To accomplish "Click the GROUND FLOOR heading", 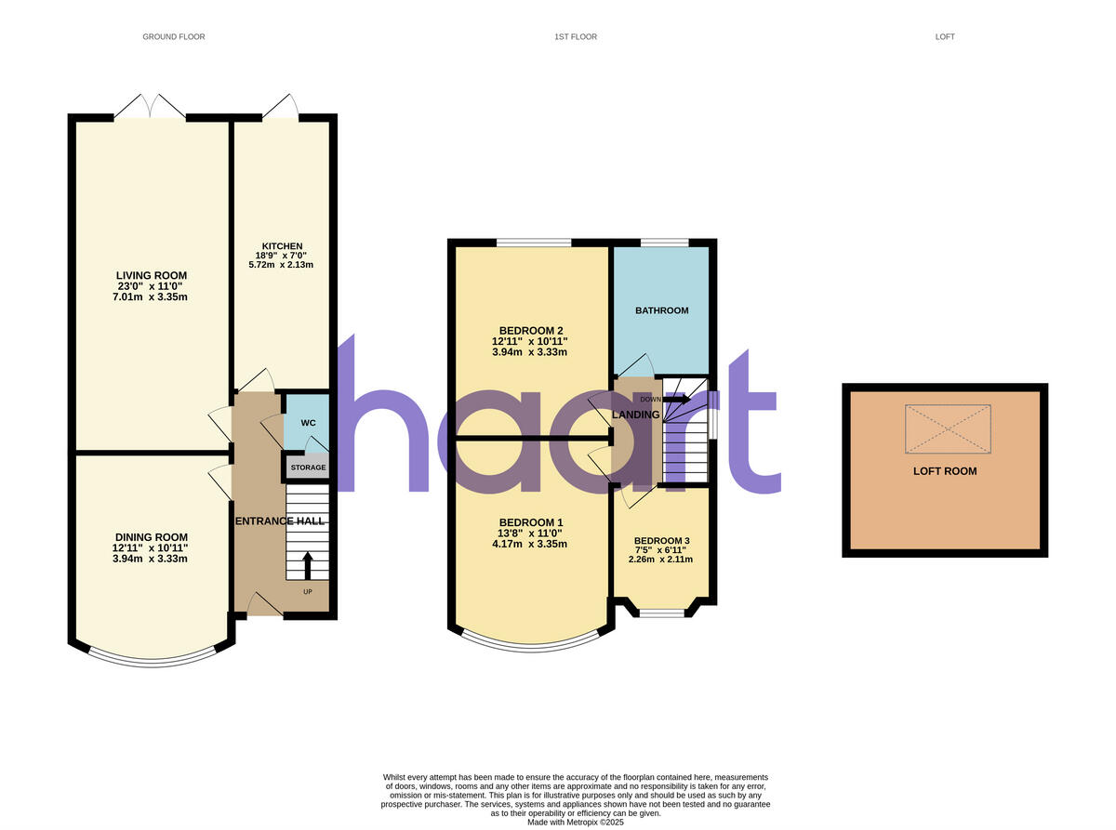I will [173, 37].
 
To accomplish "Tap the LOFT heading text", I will [945, 37].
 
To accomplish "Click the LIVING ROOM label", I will [151, 275].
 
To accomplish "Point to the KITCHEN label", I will [281, 245].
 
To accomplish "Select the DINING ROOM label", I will [151, 537].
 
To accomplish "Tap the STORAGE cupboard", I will [308, 468].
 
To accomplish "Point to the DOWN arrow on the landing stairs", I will [676, 400].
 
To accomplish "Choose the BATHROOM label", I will [661, 310].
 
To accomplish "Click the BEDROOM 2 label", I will [531, 331].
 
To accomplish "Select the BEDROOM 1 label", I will [531, 522].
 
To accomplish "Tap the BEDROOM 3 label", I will [661, 541].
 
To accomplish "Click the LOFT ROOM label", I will [945, 471].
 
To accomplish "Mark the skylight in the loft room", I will [948, 429].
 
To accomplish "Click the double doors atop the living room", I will [150, 107].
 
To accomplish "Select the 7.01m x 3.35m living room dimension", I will [151, 297].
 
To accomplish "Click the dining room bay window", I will [151, 659].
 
